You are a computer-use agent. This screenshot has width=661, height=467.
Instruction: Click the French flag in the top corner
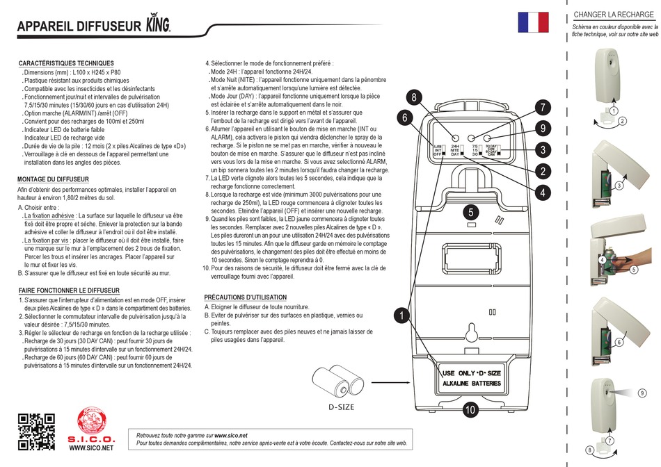point(533,22)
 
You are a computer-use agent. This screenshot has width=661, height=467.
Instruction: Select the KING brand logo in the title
point(157,25)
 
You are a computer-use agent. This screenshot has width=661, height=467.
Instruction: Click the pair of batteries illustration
point(340,382)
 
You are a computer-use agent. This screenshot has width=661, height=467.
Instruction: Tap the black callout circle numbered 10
point(470,410)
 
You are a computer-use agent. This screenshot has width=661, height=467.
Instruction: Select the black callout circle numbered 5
point(471,212)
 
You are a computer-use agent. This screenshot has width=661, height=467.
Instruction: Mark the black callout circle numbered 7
point(542,107)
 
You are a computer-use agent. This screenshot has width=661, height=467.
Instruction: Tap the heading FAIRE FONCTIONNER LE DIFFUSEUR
point(69,290)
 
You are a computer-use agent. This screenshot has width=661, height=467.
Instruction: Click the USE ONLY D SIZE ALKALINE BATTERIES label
point(471,378)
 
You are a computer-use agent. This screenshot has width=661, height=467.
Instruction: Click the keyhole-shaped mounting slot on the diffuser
point(471,334)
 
